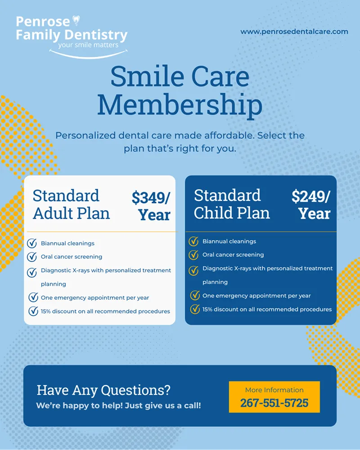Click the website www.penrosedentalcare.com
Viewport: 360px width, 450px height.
point(294,31)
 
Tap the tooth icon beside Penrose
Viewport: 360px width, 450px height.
point(76,20)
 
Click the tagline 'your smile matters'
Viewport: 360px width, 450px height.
point(88,45)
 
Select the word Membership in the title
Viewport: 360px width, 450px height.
point(180,104)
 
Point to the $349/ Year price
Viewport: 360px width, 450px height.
point(151,205)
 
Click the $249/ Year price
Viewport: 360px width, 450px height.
point(311,204)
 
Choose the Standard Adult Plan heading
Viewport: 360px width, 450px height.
point(71,204)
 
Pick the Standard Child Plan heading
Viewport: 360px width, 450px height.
point(232,204)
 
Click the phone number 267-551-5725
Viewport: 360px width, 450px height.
point(274,402)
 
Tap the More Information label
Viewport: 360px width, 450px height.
point(274,390)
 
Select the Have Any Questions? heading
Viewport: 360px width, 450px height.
point(103,390)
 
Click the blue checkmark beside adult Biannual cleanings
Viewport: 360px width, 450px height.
point(32,243)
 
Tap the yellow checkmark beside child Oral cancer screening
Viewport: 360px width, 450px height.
point(193,255)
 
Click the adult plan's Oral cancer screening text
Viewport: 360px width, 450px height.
point(71,257)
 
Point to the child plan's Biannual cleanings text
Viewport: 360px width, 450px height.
point(229,242)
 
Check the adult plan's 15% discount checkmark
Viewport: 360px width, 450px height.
point(33,311)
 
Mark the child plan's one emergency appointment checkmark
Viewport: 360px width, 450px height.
point(195,296)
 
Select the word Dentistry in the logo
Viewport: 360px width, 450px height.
point(96,35)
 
